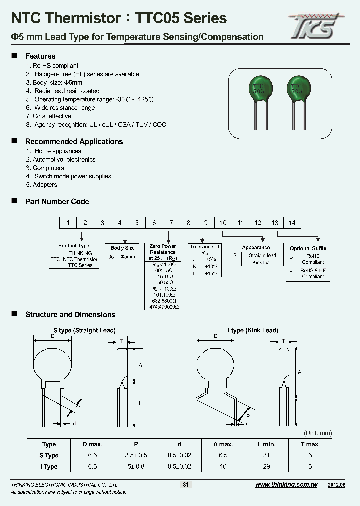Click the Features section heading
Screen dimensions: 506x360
[40, 56]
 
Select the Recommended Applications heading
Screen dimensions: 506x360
[74, 142]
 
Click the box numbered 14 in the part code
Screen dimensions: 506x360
[292, 223]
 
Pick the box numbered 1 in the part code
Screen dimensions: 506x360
[68, 223]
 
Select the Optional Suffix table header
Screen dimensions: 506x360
[308, 248]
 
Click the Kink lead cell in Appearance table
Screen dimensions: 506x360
[262, 263]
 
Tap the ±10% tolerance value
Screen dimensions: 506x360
[211, 267]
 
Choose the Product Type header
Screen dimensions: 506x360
[74, 246]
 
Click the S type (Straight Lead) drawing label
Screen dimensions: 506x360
[85, 330]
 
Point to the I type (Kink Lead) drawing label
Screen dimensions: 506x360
[253, 330]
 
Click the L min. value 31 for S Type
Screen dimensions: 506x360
[266, 455]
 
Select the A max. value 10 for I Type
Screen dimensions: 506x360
[223, 466]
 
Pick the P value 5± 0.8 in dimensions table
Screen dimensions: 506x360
[136, 466]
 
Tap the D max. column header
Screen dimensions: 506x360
[92, 444]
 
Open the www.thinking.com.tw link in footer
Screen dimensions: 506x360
[286, 485]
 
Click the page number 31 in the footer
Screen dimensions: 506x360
[185, 485]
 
